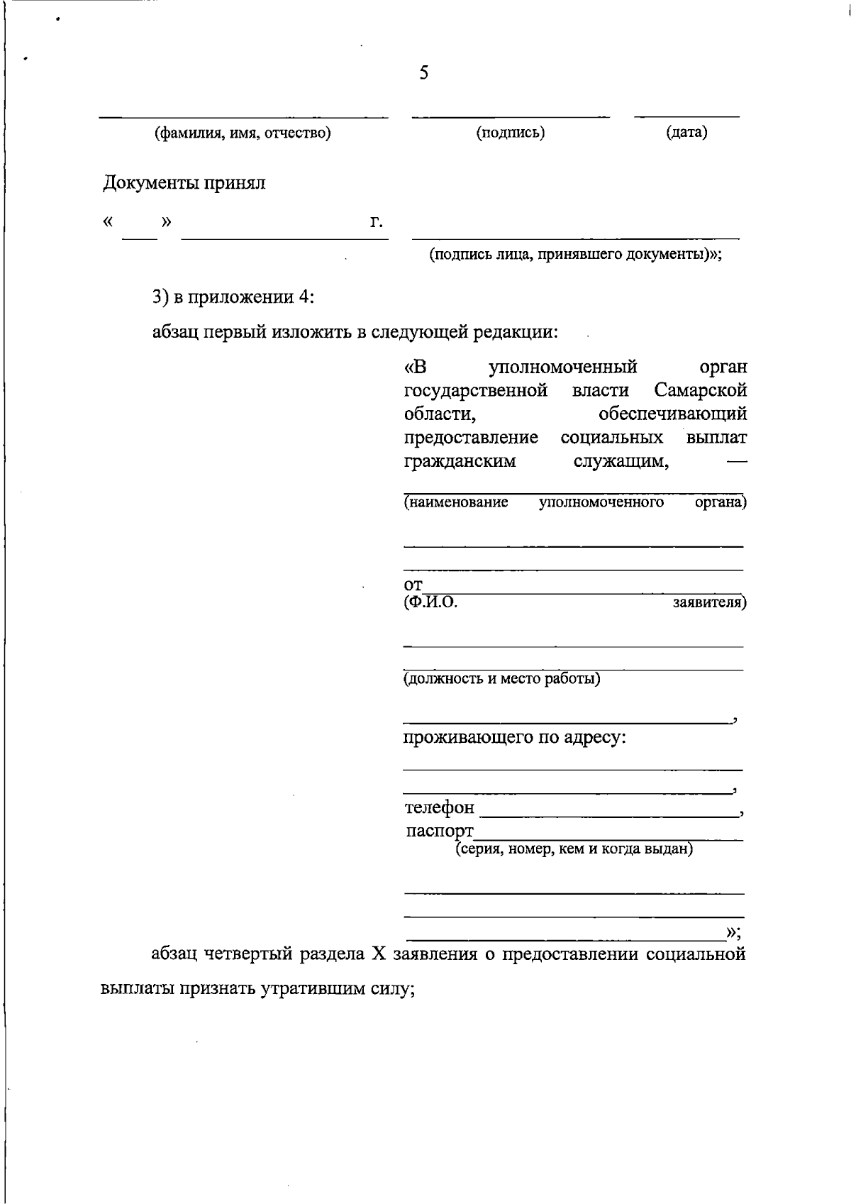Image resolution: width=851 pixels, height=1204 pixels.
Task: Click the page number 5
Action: point(423,73)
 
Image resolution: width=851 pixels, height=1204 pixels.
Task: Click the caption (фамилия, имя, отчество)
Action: point(243,133)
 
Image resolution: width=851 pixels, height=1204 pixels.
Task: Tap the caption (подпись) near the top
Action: point(511,133)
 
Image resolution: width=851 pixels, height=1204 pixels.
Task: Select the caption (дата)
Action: point(686,133)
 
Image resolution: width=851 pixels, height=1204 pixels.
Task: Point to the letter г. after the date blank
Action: point(377,222)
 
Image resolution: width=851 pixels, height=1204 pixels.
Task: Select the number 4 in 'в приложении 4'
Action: point(305,297)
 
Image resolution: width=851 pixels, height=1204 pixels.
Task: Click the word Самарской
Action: point(701,390)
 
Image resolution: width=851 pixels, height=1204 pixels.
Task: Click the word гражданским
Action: point(460,461)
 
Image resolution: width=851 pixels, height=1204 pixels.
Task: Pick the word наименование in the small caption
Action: point(456,503)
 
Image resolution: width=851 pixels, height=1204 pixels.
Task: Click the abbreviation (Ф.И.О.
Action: point(430,603)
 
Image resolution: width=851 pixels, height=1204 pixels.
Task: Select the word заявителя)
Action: point(709,603)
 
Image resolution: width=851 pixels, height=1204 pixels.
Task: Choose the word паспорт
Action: point(440,831)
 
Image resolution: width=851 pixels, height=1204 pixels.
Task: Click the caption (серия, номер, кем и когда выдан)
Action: point(574,849)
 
